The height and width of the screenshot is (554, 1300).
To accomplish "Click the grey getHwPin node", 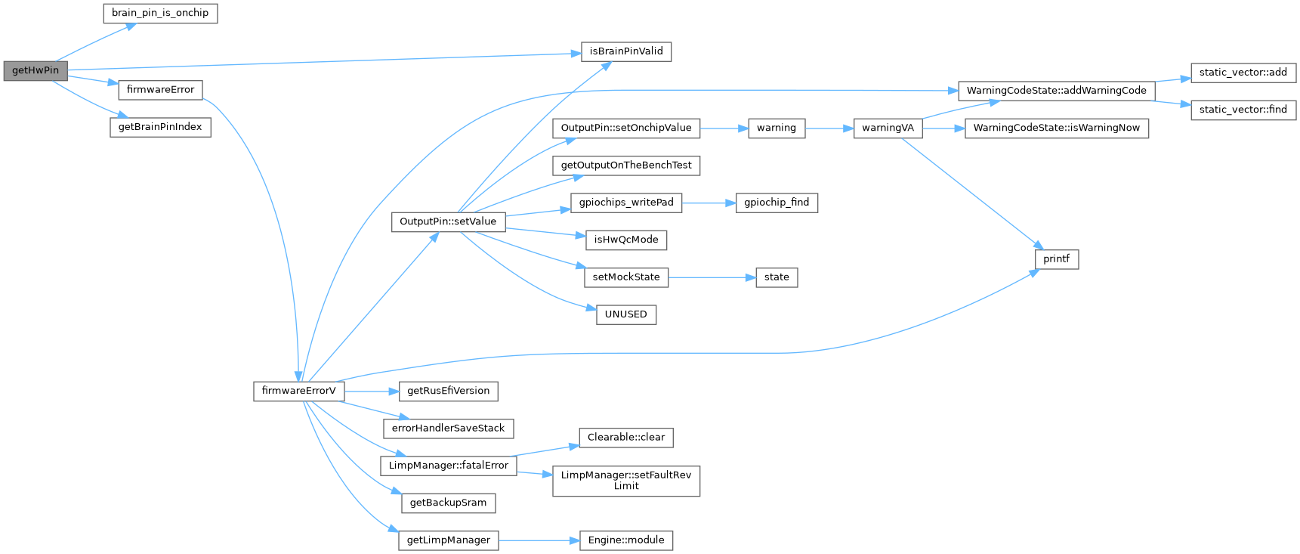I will (x=35, y=70).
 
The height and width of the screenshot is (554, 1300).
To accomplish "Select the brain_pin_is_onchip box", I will (x=160, y=13).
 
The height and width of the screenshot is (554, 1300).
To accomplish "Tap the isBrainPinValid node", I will (x=626, y=51).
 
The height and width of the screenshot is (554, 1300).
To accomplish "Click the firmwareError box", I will (x=160, y=89).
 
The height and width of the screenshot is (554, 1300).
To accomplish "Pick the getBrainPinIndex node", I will (x=160, y=127).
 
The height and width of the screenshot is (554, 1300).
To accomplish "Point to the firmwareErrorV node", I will (x=298, y=391).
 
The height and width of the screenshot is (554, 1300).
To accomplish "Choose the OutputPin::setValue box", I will (x=448, y=221).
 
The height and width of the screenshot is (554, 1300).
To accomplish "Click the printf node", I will (x=1056, y=259).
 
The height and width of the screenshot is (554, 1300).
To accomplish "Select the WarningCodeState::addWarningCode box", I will (x=1056, y=91).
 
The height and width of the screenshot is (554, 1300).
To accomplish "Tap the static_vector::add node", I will (x=1243, y=73).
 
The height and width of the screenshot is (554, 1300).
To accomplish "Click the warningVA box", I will (x=888, y=128).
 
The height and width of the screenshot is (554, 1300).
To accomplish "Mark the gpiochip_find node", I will (x=777, y=203).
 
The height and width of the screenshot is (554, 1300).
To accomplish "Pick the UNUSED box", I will (x=626, y=314).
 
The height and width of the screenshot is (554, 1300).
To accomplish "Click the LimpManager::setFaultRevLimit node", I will (x=626, y=481).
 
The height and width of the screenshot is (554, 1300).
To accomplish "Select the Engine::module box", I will (x=626, y=540).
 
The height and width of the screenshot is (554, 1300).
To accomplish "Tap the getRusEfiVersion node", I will (x=448, y=391).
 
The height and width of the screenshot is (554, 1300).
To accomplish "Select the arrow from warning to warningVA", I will (x=829, y=128).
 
